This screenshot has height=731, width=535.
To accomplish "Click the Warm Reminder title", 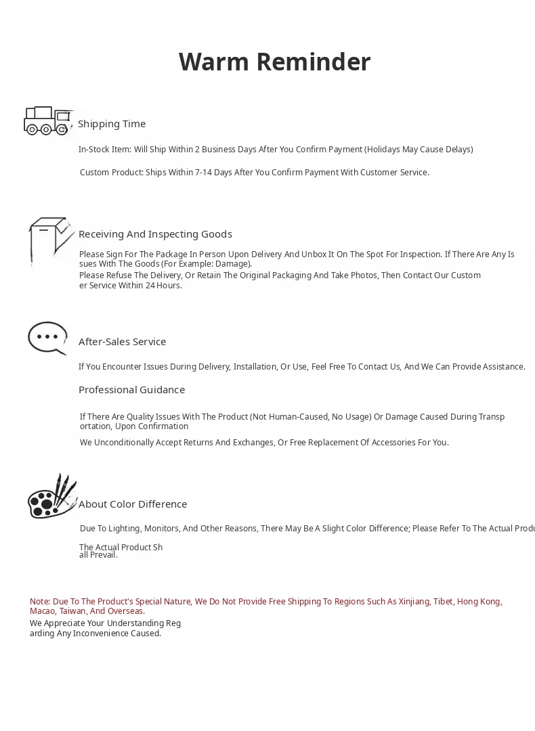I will coord(274,62).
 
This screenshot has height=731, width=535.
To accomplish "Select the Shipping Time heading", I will coord(112,124).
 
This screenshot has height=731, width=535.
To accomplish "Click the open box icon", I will coord(50,240).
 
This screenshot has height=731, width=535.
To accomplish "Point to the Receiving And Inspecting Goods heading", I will coord(155,234).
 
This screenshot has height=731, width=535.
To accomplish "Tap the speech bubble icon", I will coord(47,338).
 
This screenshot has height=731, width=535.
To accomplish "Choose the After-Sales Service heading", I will coord(122,342).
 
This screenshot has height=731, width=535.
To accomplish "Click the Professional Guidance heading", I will coord(131,390).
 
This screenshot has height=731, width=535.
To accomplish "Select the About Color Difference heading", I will coord(133,504).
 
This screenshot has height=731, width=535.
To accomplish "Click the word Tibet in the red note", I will coord(444,602).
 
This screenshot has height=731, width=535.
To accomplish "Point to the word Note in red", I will coord(39,602).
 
